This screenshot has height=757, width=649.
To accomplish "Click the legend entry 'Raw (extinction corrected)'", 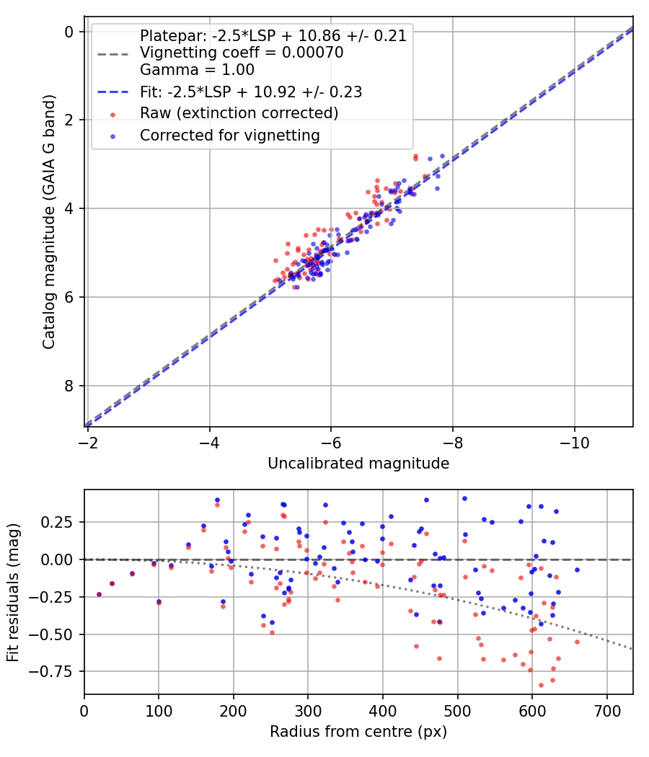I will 239,113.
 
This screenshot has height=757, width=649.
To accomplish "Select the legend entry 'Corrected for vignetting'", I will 229,135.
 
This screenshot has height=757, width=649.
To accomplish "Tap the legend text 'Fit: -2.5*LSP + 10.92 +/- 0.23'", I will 251,92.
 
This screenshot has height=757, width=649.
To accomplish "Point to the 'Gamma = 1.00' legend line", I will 197,70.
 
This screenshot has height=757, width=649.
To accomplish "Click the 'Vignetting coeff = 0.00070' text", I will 242,53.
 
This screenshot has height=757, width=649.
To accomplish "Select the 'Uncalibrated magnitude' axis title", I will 358,463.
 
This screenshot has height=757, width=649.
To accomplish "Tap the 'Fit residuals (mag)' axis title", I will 13,592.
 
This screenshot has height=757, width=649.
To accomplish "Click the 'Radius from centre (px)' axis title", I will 358,732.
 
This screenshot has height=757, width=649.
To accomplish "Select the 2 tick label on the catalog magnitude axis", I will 69,120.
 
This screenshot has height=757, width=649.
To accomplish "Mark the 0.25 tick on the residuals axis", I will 62,522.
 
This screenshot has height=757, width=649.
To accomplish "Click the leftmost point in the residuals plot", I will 99,594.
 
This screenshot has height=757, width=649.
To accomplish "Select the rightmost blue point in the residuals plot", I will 577,570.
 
